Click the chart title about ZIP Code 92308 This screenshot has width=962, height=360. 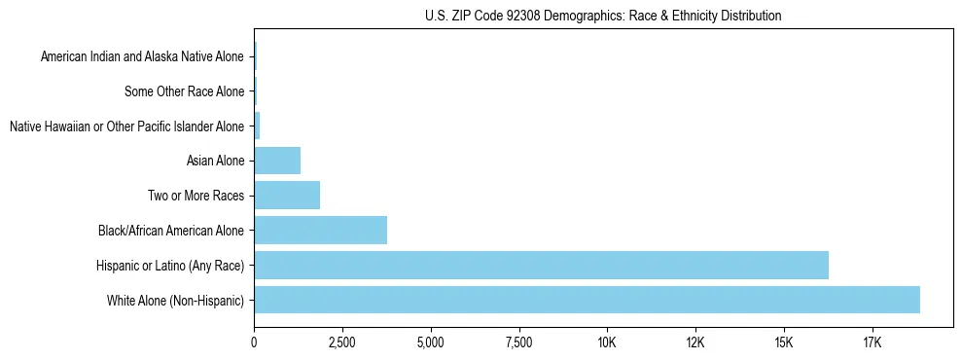coord(603,16)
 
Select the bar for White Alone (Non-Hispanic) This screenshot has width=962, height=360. coord(587,300)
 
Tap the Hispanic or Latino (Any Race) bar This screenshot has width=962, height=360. coord(541,265)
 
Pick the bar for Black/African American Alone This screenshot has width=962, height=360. coord(320,231)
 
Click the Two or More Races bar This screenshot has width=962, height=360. coord(287,196)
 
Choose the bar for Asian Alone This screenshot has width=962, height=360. coord(277,161)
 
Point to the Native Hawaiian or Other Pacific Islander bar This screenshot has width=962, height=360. coord(257,126)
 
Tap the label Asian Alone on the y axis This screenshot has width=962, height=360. coord(215,161)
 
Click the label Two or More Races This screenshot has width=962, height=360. coord(196,196)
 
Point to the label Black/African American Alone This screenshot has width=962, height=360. coord(171,231)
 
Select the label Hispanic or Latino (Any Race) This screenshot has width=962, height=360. coord(170,265)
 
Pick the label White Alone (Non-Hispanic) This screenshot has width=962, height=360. coord(176,300)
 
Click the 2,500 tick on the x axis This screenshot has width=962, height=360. coord(342,342)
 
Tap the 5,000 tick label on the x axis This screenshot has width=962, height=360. coord(430,342)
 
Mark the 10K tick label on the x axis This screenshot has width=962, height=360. coord(607,342)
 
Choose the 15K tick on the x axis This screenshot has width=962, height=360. coord(783,342)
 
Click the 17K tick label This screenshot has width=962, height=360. coord(872,342)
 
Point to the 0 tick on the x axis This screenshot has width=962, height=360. coord(254,342)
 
